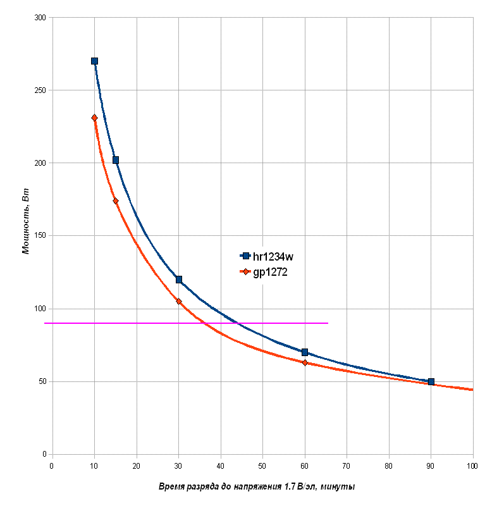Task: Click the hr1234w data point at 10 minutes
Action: pos(94,61)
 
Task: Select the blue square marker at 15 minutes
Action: pos(116,160)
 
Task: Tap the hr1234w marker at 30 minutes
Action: pos(179,280)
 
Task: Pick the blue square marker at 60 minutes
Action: pos(305,352)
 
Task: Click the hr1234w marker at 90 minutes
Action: pos(431,381)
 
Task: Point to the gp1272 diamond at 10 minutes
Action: pos(94,118)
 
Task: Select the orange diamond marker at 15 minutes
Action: pos(116,201)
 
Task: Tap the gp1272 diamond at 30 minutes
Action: pos(179,302)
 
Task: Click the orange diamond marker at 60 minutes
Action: pos(305,362)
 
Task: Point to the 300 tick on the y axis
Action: pos(40,18)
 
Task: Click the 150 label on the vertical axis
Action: pos(40,236)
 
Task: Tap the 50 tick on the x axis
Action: pos(262,466)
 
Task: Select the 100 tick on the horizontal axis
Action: pos(472,466)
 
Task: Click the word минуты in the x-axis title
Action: pos(338,486)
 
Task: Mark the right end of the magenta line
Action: pos(328,323)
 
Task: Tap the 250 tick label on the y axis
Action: pos(40,90)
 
